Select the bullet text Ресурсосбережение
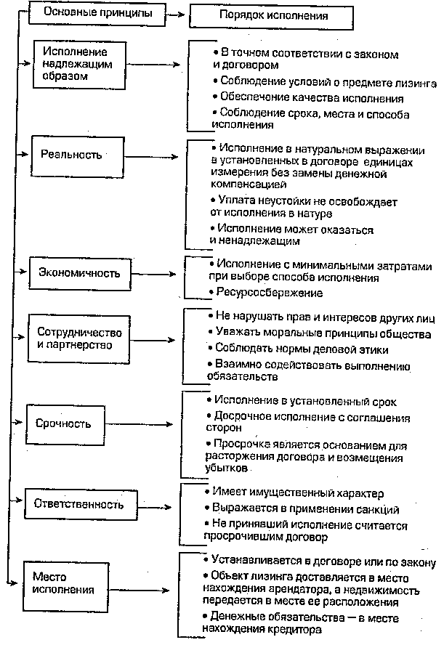pyautogui.click(x=268, y=292)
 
